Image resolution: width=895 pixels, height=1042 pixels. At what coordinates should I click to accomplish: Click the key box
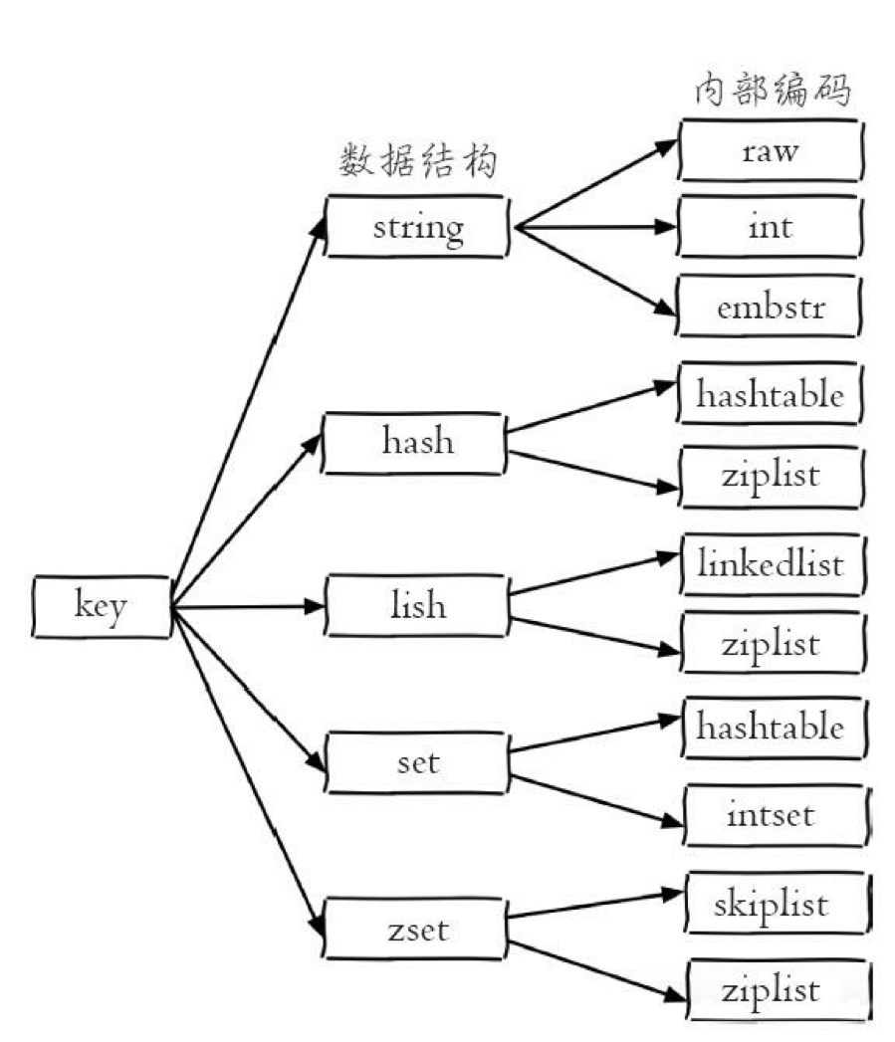[x=101, y=605]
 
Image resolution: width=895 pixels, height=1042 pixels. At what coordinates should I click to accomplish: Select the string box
[x=417, y=227]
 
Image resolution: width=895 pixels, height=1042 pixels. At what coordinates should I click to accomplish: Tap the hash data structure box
[x=417, y=441]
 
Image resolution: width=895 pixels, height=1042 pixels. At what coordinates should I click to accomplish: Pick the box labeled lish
[x=417, y=605]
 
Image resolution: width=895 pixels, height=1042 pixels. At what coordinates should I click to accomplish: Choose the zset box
[x=417, y=930]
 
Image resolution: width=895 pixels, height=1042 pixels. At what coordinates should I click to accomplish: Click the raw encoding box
[x=771, y=151]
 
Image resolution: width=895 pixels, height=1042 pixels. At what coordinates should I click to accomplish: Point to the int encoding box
[x=771, y=226]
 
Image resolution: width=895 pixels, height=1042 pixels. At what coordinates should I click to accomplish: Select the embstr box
[x=771, y=306]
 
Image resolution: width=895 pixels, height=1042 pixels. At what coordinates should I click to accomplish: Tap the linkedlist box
[x=771, y=564]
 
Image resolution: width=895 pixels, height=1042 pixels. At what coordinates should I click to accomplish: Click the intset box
[x=771, y=816]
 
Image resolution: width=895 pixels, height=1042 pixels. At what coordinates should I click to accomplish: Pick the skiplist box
[x=771, y=904]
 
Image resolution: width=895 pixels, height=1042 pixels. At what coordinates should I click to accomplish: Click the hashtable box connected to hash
[x=771, y=395]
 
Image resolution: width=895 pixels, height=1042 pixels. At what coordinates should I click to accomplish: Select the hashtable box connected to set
[x=771, y=727]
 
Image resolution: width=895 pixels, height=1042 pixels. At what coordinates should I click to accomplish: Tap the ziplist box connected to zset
[x=771, y=989]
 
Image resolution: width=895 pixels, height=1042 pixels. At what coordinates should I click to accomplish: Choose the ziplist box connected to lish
[x=771, y=643]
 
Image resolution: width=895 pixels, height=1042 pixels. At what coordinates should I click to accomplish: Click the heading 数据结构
[x=418, y=160]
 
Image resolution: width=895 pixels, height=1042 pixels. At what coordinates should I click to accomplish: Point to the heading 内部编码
[x=772, y=92]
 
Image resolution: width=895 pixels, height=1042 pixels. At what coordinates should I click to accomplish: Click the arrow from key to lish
[x=249, y=605]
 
